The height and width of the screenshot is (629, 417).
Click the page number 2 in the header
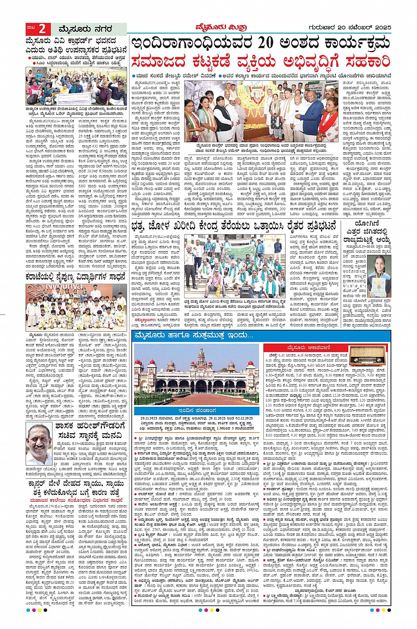point(42,29)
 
